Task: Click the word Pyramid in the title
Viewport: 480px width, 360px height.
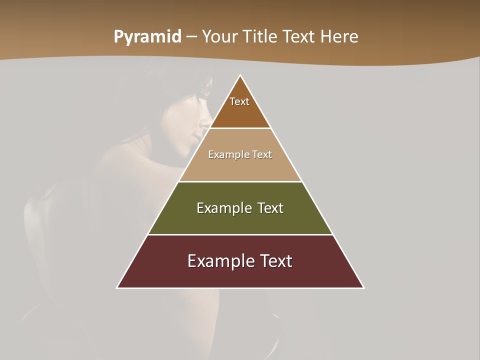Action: pyautogui.click(x=147, y=37)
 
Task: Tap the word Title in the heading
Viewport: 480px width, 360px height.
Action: pyautogui.click(x=260, y=37)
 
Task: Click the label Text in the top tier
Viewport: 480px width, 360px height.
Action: pyautogui.click(x=239, y=101)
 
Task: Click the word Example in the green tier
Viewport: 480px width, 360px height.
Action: pyautogui.click(x=222, y=208)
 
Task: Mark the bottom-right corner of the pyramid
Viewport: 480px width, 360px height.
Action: pyautogui.click(x=363, y=287)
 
